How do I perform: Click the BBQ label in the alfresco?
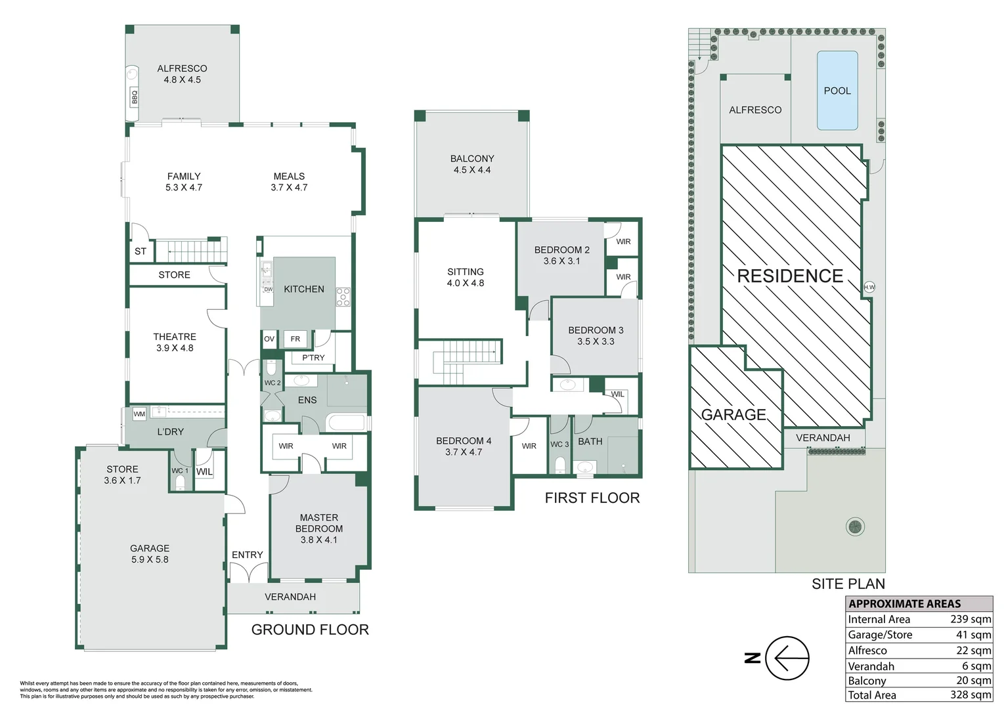[134, 97]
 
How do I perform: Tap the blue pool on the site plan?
[837, 91]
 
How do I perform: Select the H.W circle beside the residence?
[869, 288]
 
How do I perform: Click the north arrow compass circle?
[787, 658]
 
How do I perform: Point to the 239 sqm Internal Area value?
[971, 619]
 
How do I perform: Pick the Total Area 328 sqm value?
[971, 695]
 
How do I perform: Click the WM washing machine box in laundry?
[139, 414]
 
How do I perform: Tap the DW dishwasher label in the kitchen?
[268, 290]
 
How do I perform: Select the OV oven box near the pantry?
[269, 339]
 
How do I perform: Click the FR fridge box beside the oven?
[295, 339]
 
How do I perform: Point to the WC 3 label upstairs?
[559, 444]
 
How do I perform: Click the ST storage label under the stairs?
[141, 251]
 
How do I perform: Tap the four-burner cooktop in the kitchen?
[343, 297]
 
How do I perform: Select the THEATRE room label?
[175, 337]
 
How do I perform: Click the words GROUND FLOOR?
[310, 630]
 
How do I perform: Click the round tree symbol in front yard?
[855, 526]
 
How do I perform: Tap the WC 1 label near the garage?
[180, 471]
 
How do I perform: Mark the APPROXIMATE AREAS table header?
[904, 604]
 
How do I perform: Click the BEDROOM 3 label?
[596, 330]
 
